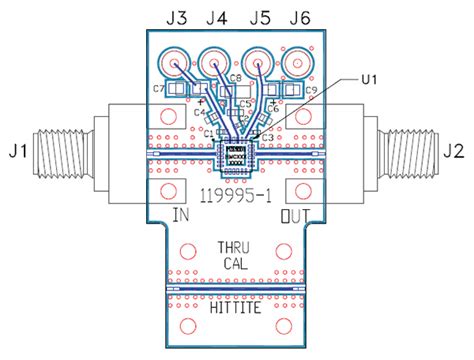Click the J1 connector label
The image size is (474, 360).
coord(18,152)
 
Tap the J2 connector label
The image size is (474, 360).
coord(454,152)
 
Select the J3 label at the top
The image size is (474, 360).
coord(176,18)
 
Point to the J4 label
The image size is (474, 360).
coord(216,18)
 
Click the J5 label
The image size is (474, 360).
coord(259,18)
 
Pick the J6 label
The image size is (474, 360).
coord(300,18)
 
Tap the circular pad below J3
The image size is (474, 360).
coord(176,65)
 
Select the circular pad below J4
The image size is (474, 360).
coord(215,65)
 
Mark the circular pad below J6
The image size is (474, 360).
coord(298,65)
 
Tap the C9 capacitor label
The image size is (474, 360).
coord(311,91)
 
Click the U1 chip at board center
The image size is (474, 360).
coord(236,154)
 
